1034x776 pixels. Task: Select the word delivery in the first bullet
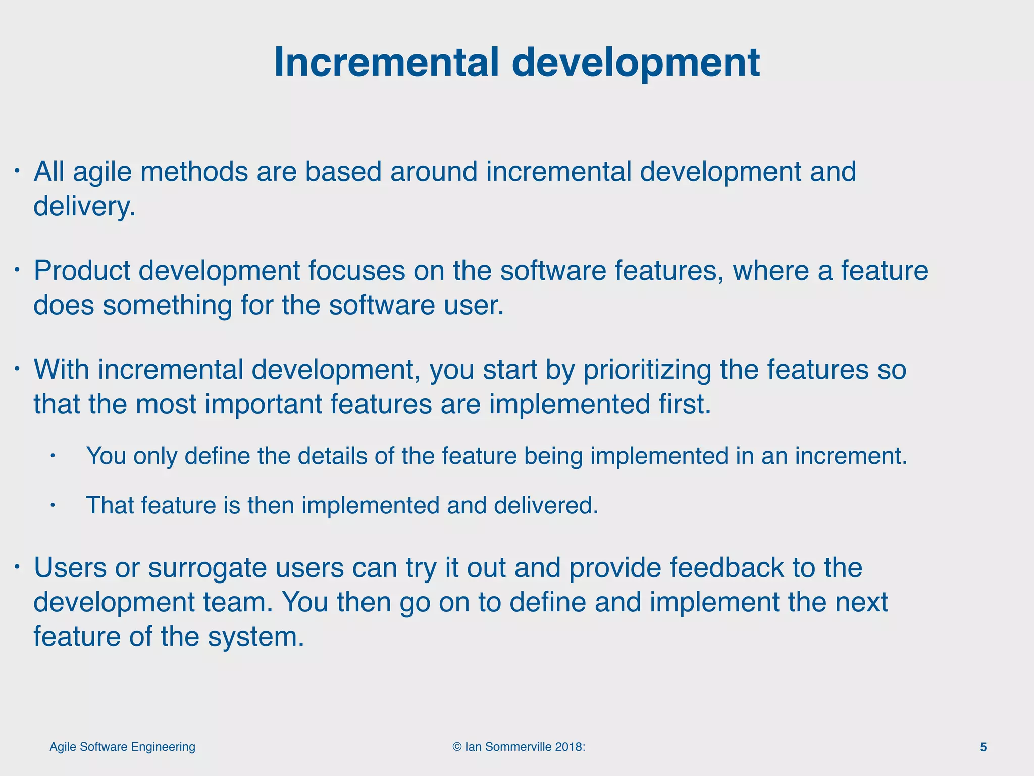point(83,206)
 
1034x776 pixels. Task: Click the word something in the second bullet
point(167,305)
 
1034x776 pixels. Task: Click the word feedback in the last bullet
point(727,568)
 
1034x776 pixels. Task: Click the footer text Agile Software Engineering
point(122,747)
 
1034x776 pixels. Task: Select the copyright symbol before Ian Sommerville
point(457,747)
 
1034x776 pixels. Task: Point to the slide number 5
point(983,747)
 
